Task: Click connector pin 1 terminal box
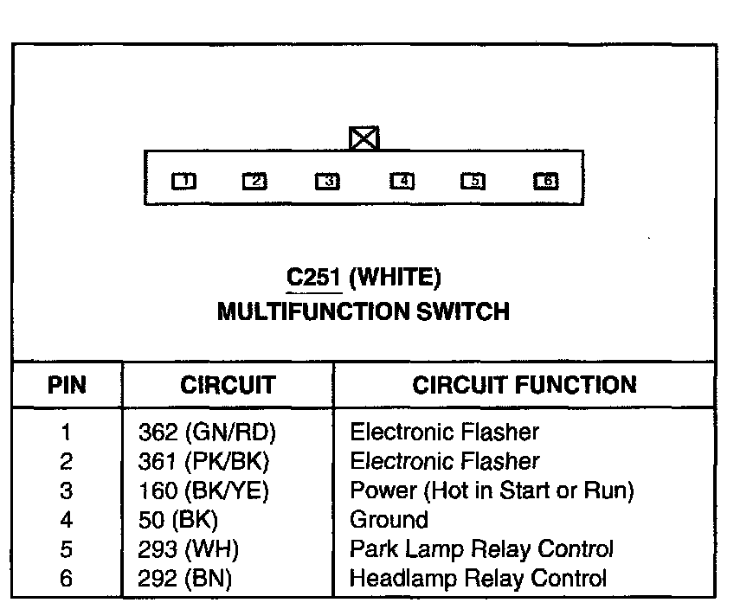click(x=183, y=181)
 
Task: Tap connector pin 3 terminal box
click(x=327, y=181)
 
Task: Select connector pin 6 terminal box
click(x=546, y=181)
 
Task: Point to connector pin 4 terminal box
click(x=402, y=181)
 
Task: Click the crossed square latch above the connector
click(x=364, y=138)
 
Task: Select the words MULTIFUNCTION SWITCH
click(x=364, y=311)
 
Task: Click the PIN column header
click(x=67, y=385)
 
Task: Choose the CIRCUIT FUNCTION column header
click(x=524, y=385)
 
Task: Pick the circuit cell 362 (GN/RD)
click(x=207, y=432)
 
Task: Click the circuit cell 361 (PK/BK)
click(x=204, y=461)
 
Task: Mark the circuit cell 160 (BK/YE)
click(x=204, y=491)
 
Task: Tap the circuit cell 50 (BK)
click(x=178, y=521)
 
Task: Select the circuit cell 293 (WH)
click(x=189, y=550)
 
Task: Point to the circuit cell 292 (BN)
click(x=185, y=579)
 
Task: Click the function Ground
click(x=389, y=521)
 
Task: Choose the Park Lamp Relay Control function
click(x=481, y=550)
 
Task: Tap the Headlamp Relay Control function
click(x=478, y=579)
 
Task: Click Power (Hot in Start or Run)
click(x=492, y=491)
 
